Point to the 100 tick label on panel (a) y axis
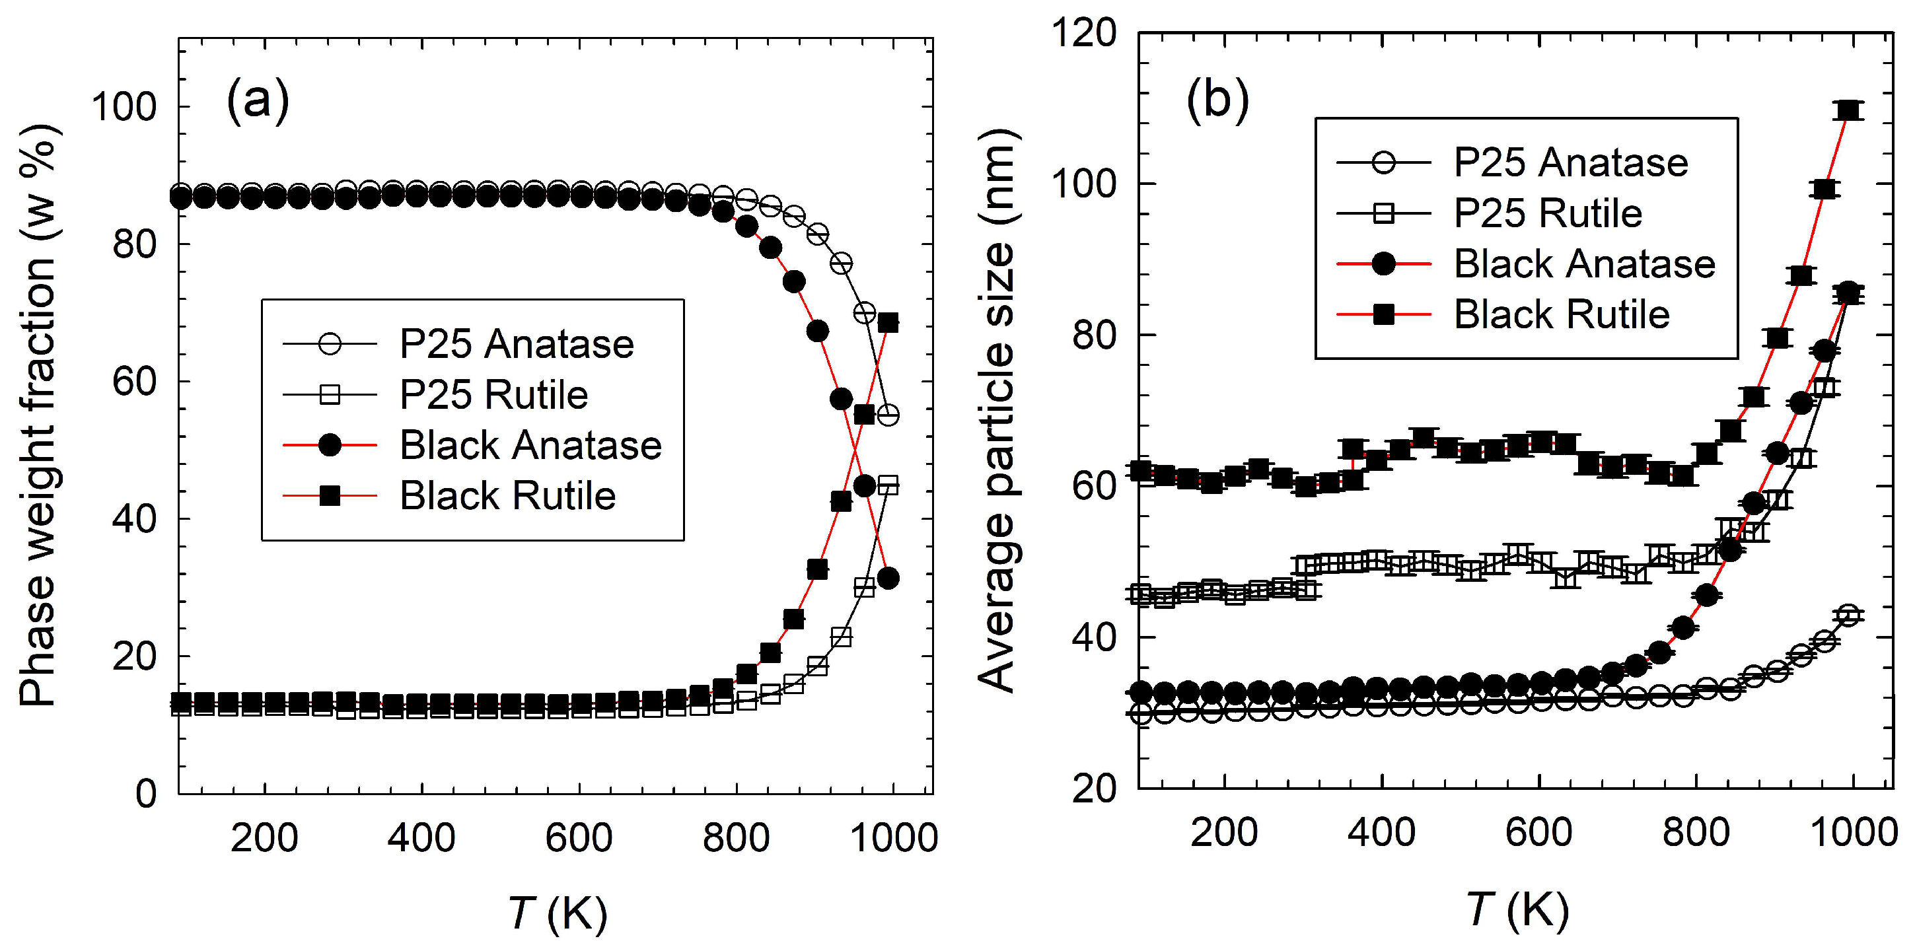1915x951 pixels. [124, 107]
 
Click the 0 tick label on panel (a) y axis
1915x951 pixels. [147, 794]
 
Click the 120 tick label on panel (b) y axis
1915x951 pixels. [1084, 34]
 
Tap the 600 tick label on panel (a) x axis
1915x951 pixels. [579, 838]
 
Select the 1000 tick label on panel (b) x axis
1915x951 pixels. [1854, 832]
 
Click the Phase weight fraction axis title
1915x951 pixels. [39, 416]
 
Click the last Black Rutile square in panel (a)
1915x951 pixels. [888, 322]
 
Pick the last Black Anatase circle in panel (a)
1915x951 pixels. [888, 578]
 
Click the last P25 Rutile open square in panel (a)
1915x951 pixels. [888, 486]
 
